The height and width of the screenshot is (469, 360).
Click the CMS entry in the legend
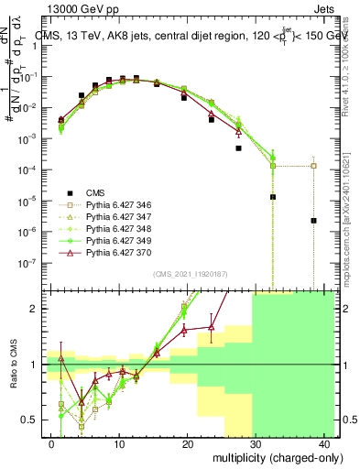[95, 192]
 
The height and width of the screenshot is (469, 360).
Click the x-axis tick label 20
[188, 443]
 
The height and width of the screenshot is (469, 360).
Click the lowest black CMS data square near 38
[313, 221]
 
